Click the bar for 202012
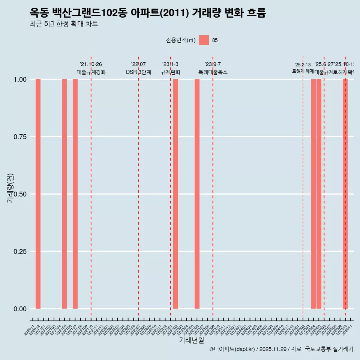click(38, 194)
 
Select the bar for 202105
click(64, 194)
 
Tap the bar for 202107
click(75, 194)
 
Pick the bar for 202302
click(175, 194)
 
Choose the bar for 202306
click(197, 194)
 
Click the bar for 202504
click(313, 194)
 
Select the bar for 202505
click(319, 194)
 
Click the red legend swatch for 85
click(204, 40)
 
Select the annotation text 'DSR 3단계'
click(138, 72)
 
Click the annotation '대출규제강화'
click(91, 72)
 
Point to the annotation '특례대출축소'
click(213, 72)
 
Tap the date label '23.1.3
click(170, 64)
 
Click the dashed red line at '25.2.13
click(303, 187)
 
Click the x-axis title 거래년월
click(191, 340)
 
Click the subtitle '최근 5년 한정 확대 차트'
click(64, 24)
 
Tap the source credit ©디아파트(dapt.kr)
click(232, 349)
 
